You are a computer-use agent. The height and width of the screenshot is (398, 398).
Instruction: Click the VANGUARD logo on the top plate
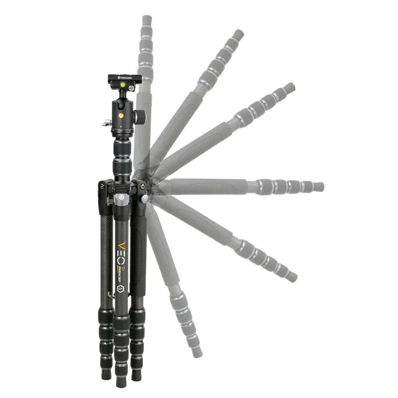pos(126,77)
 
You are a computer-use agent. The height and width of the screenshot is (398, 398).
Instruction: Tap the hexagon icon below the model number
pos(120,288)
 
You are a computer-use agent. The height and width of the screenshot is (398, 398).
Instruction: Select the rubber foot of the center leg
pos(121,381)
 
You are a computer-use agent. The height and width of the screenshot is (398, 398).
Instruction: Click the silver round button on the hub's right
pos(145,199)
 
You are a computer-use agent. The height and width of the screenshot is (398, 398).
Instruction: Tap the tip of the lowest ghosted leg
pos(198,352)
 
